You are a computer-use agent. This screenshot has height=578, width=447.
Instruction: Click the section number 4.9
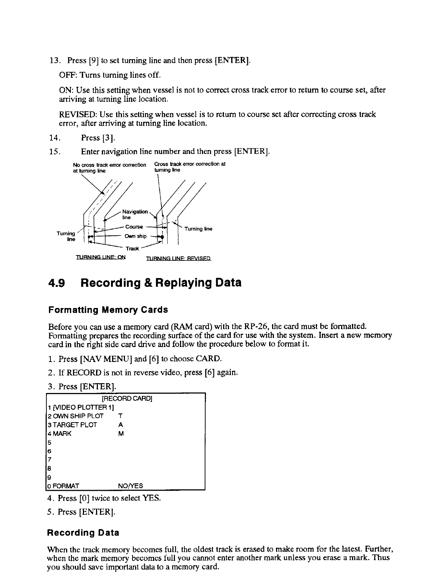click(57, 283)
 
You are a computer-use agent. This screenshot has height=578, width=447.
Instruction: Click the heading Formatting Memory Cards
click(108, 310)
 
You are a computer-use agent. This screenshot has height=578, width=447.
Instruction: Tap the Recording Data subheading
click(83, 533)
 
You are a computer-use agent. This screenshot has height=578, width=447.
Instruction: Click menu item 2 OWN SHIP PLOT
click(76, 416)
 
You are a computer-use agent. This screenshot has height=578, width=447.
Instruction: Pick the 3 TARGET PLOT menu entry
click(73, 425)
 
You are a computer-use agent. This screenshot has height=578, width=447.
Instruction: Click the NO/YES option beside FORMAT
click(131, 486)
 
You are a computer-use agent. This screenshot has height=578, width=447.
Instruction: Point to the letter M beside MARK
click(121, 434)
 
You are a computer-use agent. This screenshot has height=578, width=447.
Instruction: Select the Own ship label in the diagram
click(135, 236)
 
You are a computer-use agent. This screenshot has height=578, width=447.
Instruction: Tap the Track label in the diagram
click(132, 248)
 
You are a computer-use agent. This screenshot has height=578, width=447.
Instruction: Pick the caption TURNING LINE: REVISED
click(179, 259)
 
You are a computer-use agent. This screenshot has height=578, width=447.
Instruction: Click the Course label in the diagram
click(134, 227)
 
